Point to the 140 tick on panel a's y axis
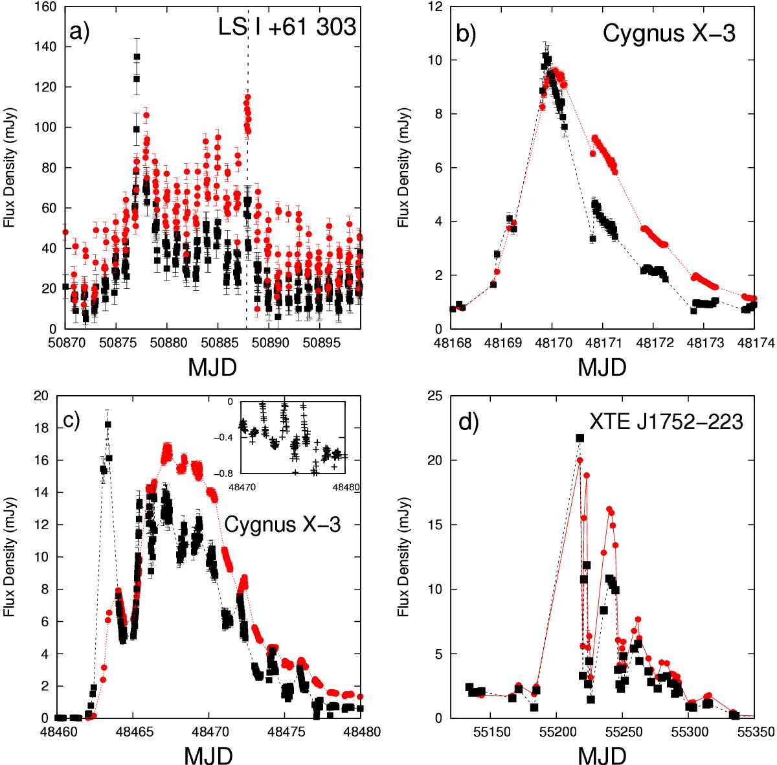pos(47,47)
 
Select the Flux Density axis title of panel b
pos(403,168)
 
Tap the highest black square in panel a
pos(137,57)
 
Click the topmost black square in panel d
pos(580,439)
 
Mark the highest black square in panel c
pos(107,424)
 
